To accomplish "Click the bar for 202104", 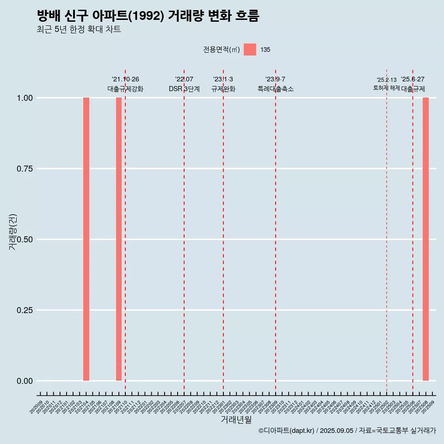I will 86,239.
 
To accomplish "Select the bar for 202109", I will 119,239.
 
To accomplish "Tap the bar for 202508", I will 425,239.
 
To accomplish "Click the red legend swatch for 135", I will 250,49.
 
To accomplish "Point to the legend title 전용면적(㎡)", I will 221,49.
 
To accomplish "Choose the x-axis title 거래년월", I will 236,420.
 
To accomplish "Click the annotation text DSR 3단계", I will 184,89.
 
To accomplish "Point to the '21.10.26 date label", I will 125,79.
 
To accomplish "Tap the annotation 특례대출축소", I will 276,89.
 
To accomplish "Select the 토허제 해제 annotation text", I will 387,88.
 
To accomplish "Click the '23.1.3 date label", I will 223,79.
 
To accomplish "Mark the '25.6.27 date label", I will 413,79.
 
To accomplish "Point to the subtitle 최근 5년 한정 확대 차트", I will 79,30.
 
